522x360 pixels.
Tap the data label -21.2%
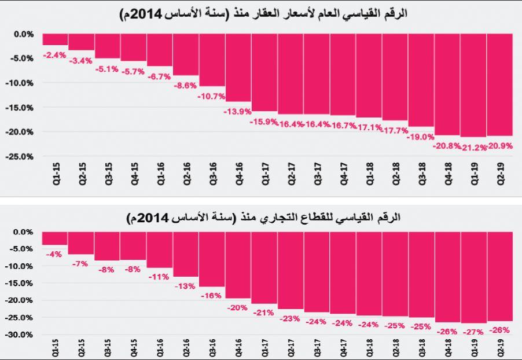473,147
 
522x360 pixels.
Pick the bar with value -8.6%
186,54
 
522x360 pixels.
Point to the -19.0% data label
420,137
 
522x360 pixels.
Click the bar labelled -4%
54,238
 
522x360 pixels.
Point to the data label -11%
159,277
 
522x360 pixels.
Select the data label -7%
80,263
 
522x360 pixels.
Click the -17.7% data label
395,131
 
